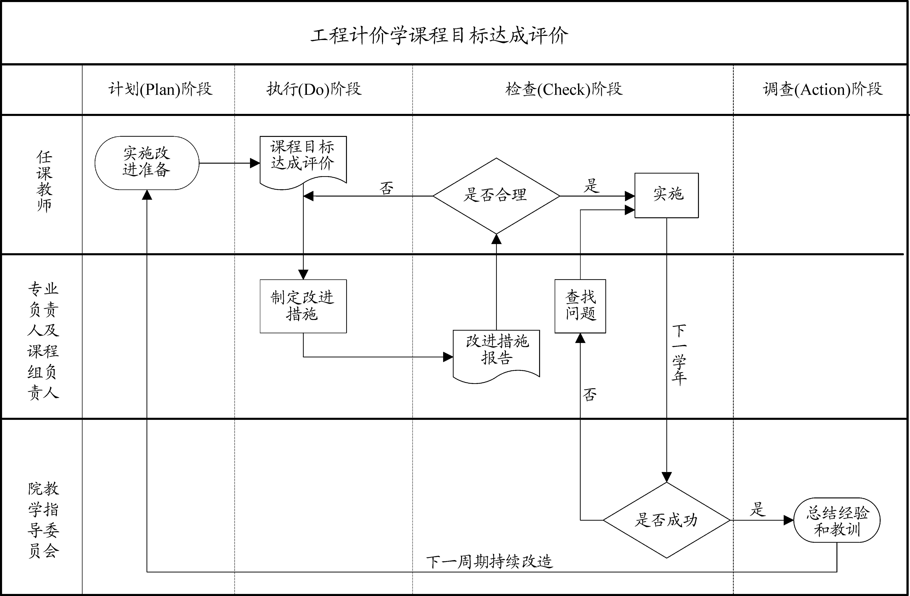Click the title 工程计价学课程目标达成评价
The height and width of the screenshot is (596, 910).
click(x=439, y=36)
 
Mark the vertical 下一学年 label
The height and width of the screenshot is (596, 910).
click(x=679, y=355)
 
